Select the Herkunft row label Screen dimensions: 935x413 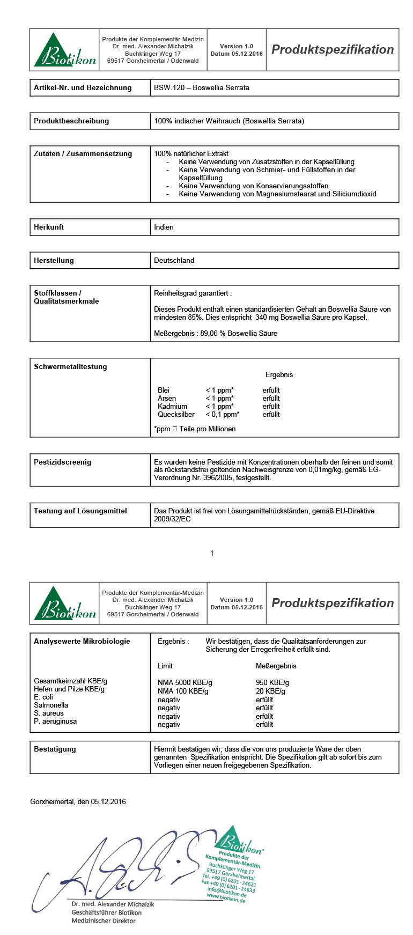tap(49, 227)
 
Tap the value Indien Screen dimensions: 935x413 tap(164, 227)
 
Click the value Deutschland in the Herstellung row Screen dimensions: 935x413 tap(174, 260)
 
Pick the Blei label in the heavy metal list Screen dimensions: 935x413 tap(164, 390)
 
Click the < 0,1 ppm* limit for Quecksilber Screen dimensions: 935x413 tap(222, 414)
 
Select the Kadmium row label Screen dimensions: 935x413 tap(172, 406)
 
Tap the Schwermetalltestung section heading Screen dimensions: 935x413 tap(70, 366)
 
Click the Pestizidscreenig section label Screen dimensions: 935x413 tap(62, 462)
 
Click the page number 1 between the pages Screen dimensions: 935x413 tap(212, 553)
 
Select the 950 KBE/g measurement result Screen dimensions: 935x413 tap(272, 682)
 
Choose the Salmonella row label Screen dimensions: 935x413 tap(51, 705)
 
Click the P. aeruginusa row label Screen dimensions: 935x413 tap(55, 721)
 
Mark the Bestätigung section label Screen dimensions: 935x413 tap(55, 749)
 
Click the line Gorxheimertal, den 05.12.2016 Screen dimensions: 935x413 tap(78, 801)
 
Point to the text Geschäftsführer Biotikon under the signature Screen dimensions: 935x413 tap(107, 912)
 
